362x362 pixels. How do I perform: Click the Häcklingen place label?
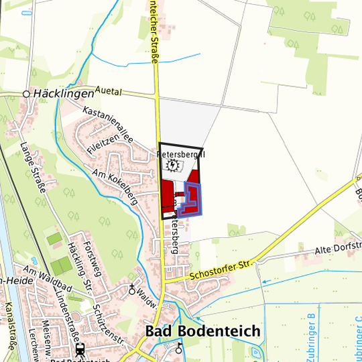(x=62, y=94)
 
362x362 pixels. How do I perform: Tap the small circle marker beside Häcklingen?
(x=27, y=94)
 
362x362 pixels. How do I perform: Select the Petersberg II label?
(x=180, y=154)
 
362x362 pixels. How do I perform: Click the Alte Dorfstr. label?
(x=339, y=249)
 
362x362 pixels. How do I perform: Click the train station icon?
(x=80, y=350)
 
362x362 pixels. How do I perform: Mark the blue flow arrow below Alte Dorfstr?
(x=264, y=282)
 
